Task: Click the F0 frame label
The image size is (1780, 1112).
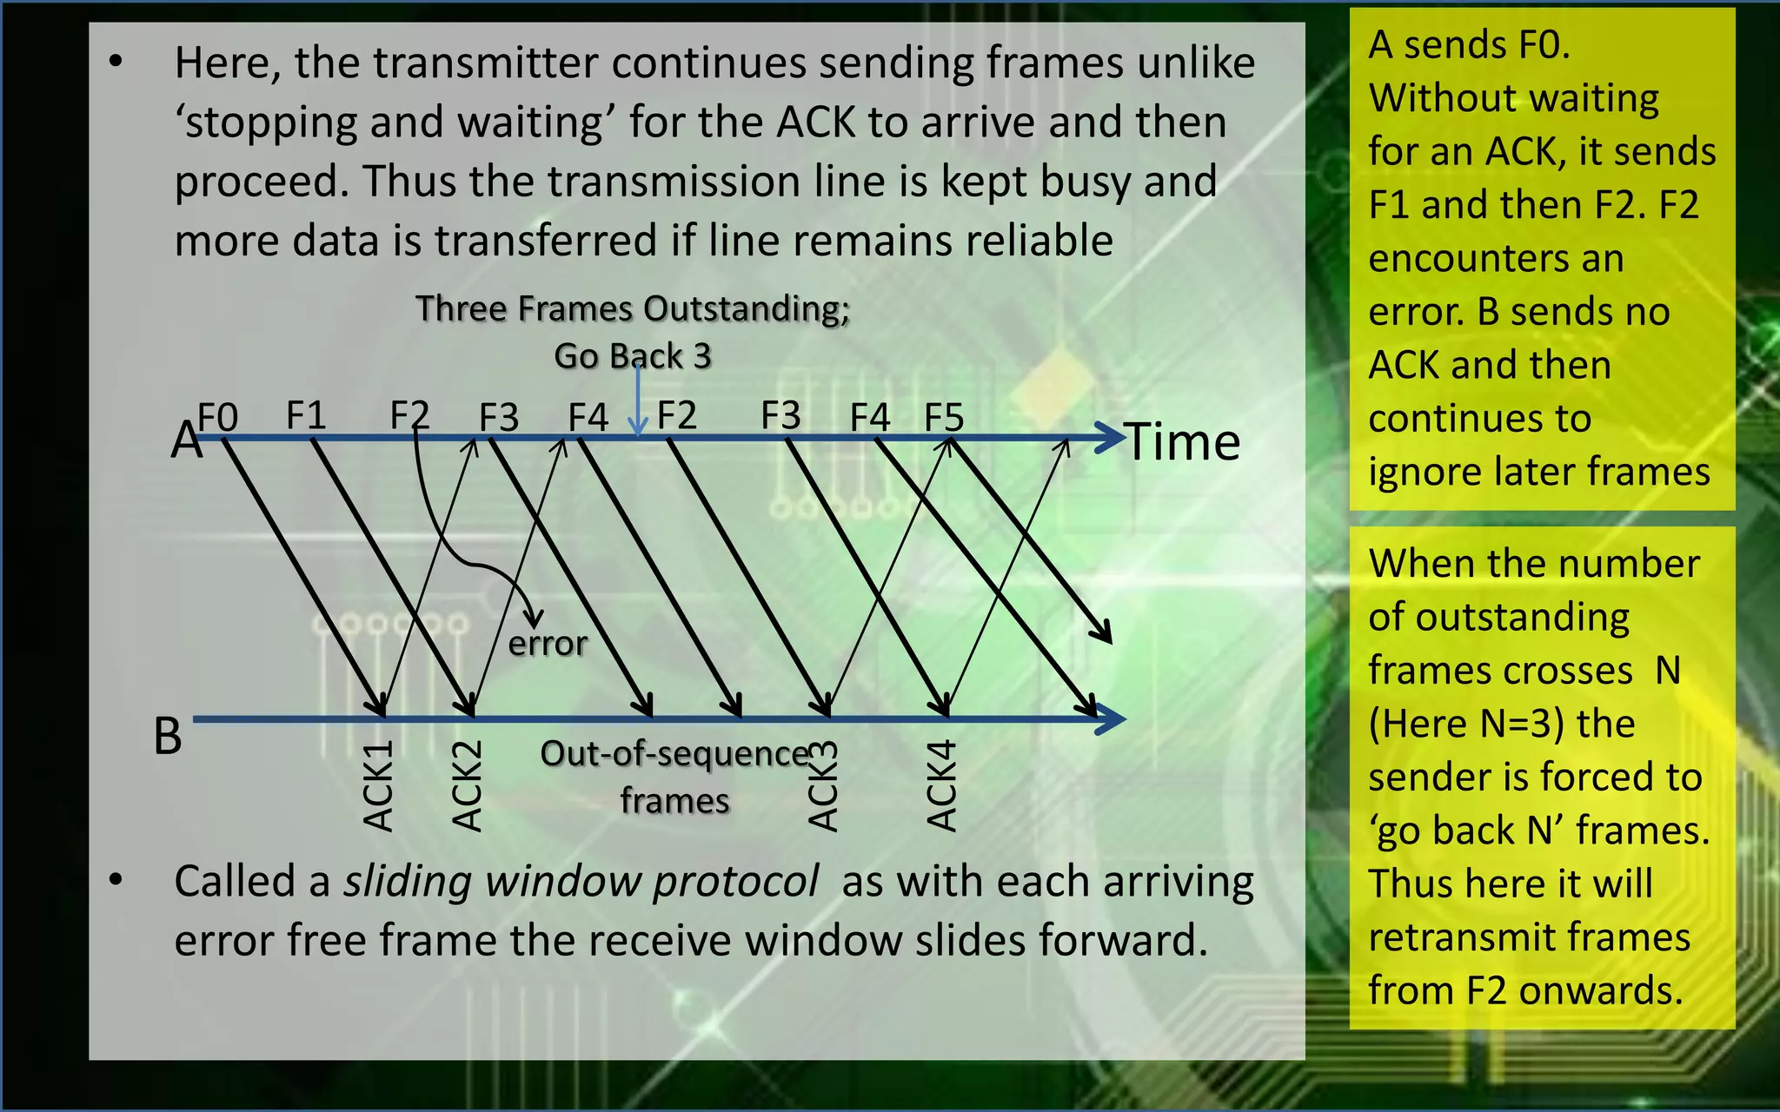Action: pyautogui.click(x=218, y=418)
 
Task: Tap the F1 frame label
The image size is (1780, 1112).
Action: pyautogui.click(x=306, y=415)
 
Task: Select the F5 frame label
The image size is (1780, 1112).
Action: pyautogui.click(x=944, y=418)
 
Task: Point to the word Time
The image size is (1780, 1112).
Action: pyautogui.click(x=1183, y=442)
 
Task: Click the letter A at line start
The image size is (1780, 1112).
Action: pyautogui.click(x=184, y=440)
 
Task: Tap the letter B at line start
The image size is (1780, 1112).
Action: pyautogui.click(x=168, y=736)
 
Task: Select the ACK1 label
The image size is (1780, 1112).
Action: pyautogui.click(x=379, y=786)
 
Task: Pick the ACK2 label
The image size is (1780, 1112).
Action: pyautogui.click(x=468, y=786)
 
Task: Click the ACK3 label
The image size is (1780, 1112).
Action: pyautogui.click(x=823, y=786)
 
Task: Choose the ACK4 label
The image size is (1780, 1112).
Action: pyautogui.click(x=942, y=786)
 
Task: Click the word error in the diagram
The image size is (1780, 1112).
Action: pyautogui.click(x=548, y=644)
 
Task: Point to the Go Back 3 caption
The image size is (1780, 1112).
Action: pyautogui.click(x=633, y=356)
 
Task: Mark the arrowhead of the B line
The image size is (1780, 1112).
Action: pyautogui.click(x=1111, y=718)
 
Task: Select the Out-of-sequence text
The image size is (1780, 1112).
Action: pyautogui.click(x=675, y=754)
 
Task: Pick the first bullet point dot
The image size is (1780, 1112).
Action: pyautogui.click(x=116, y=62)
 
